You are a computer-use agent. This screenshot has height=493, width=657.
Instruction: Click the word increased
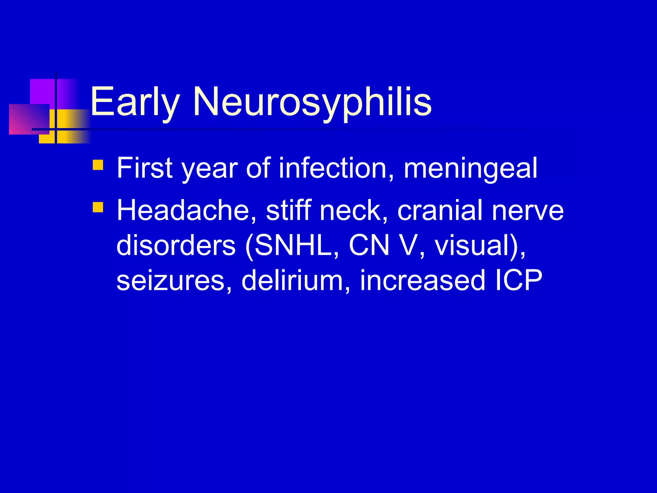(x=422, y=280)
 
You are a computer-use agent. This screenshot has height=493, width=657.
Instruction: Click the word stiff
(x=289, y=211)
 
